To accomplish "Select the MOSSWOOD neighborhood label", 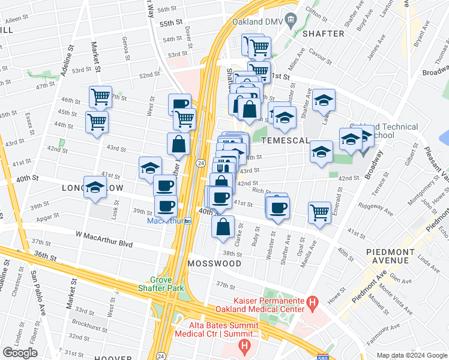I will coord(214,263).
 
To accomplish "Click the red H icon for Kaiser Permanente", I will coord(312,304).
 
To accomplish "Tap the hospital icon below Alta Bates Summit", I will coord(244,346).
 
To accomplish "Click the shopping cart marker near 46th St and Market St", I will coord(100,96).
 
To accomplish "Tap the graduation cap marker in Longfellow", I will coord(95,187).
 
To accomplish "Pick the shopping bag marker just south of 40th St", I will coord(223,227).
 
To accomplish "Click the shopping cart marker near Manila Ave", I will coord(319,212).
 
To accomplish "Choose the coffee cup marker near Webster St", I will coord(277,207).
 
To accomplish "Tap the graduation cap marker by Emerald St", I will coord(322,151).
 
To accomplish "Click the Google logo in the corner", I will coord(20,353).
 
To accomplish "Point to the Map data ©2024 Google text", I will coord(411,355).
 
